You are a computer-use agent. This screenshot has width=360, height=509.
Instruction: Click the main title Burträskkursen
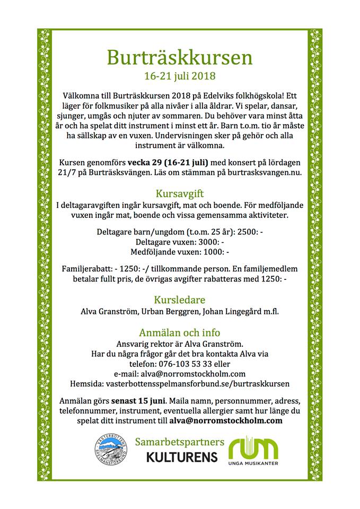coord(180,56)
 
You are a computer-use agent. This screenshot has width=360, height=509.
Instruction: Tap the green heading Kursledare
coord(180,299)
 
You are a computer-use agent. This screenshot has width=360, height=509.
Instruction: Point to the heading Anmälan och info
coord(180,332)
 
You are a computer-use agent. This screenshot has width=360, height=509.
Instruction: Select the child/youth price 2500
coord(250,232)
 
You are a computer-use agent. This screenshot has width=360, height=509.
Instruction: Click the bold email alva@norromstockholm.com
coord(226,420)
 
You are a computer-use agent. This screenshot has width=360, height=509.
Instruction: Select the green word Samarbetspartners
coord(180,441)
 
